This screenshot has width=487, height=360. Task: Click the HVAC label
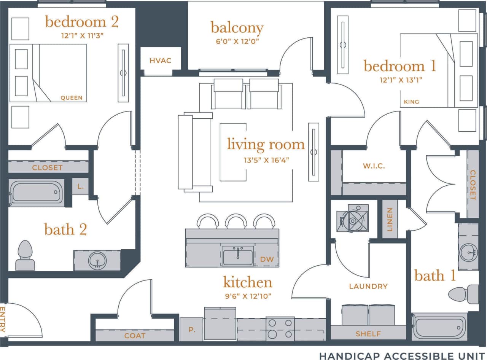coord(160,61)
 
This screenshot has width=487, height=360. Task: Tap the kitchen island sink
coord(238,255)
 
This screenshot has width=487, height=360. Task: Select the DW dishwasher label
coord(267,259)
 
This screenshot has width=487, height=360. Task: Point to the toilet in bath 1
coord(463,294)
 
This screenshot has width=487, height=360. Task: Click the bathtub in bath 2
coord(36,192)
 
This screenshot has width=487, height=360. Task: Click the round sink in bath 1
coord(468,252)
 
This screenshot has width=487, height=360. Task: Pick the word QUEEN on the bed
coord(72,98)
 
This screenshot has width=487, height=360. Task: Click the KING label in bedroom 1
coord(411,102)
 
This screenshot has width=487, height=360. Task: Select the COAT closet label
coord(135,336)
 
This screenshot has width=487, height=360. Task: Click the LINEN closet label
coord(390,220)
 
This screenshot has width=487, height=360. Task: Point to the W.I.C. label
coord(374,166)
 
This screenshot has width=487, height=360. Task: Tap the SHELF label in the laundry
coord(368,334)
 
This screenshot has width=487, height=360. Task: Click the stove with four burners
coord(280,328)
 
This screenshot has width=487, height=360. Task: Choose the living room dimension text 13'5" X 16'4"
coord(266,160)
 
